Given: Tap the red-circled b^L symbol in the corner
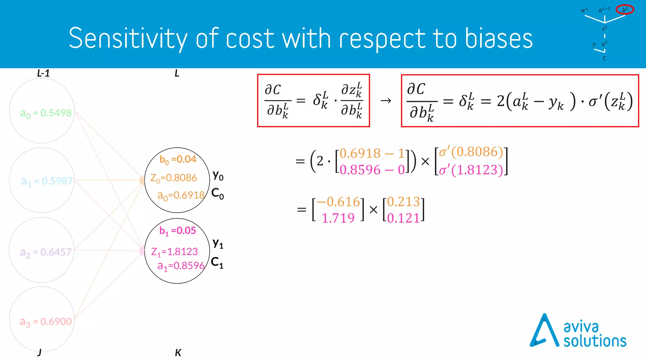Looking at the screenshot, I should click(x=625, y=10).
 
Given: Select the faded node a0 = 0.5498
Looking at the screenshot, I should click(x=46, y=113).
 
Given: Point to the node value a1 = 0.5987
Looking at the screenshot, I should click(x=47, y=181).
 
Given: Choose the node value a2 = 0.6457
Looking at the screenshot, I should click(x=46, y=252).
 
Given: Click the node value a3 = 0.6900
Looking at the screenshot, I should click(x=46, y=322).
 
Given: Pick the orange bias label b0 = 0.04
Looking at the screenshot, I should click(x=178, y=159).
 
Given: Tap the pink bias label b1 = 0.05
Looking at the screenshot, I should click(x=178, y=231).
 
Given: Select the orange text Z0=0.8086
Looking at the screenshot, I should click(x=173, y=178).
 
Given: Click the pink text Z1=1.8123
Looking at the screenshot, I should click(x=174, y=251).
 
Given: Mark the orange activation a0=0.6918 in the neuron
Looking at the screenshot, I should click(x=181, y=195).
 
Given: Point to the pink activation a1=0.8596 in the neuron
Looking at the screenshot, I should click(x=181, y=266).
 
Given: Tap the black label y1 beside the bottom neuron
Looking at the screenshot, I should click(x=218, y=243).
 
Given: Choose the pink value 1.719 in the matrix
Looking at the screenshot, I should click(x=338, y=218).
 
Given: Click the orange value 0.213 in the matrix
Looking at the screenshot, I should click(x=403, y=202).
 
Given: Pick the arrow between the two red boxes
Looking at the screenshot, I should click(x=385, y=101).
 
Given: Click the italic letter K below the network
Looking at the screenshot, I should click(x=178, y=352).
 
